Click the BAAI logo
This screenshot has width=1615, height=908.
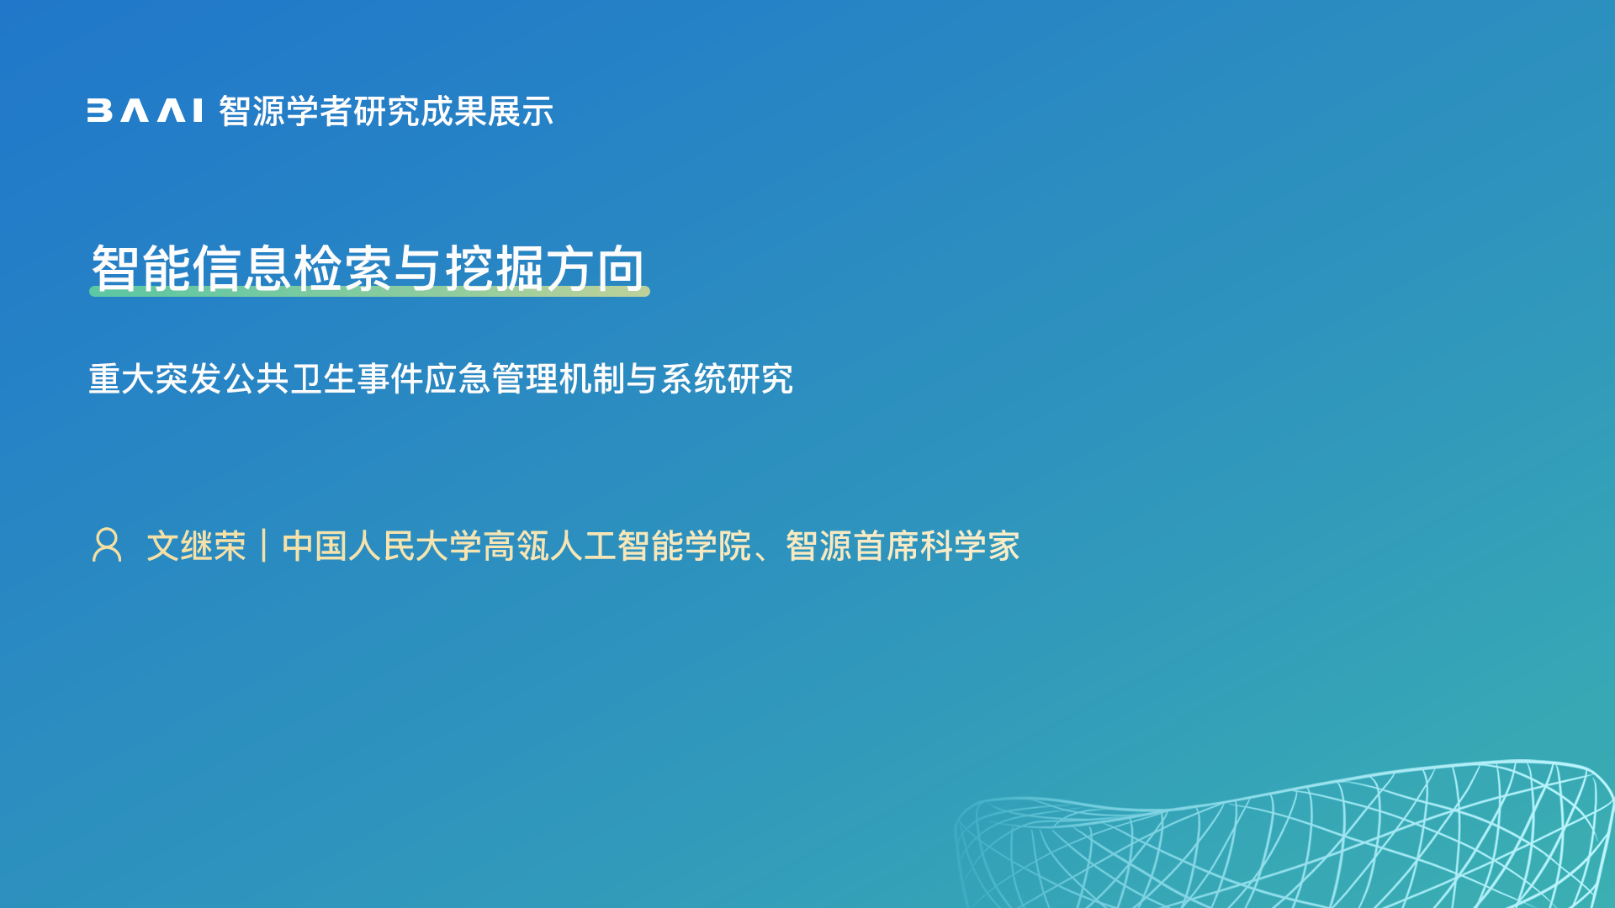tap(145, 111)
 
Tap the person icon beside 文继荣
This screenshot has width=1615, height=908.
tap(107, 545)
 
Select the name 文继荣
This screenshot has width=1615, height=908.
tap(197, 546)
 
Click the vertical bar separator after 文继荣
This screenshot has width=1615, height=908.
tap(264, 546)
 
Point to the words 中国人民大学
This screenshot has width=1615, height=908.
tap(382, 546)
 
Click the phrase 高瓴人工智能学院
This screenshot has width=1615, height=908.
tap(617, 546)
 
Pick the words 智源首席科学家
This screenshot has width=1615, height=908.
tap(903, 546)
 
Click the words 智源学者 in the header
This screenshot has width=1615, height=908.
tap(285, 111)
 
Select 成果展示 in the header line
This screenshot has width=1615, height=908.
tap(487, 111)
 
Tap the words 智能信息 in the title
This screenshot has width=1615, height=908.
tap(192, 268)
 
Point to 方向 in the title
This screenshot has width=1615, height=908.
tap(596, 268)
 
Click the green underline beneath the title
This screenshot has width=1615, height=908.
tap(369, 291)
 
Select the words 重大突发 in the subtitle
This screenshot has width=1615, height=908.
tap(155, 378)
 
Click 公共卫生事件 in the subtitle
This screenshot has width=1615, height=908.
tap(323, 378)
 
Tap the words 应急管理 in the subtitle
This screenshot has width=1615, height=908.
tap(491, 378)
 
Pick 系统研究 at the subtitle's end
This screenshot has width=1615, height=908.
tap(727, 378)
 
